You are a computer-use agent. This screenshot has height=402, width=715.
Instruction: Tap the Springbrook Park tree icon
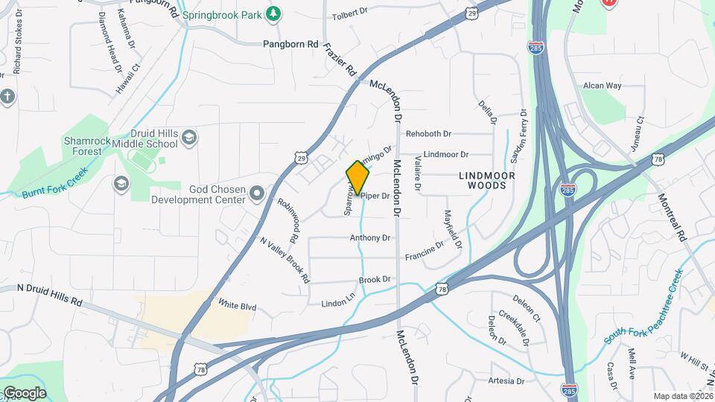point(274,13)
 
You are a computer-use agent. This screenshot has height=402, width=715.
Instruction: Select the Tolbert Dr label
point(350,13)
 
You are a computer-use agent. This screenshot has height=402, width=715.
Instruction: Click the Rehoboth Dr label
point(428,134)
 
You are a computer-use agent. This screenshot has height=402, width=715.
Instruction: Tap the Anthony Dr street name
point(370,238)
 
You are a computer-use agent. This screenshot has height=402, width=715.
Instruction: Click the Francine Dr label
point(425,250)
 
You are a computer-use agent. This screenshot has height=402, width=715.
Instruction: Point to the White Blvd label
point(237,304)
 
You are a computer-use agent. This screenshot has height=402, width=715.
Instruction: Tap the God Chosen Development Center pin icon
point(258,194)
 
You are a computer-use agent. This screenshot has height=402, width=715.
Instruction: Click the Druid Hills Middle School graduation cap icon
point(189,136)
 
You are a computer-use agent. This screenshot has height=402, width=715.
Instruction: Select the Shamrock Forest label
point(82,145)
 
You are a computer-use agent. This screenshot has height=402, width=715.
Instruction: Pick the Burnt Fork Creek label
point(55,182)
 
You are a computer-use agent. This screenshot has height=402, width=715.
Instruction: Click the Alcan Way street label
point(602,86)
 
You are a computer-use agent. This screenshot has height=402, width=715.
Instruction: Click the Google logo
point(25,393)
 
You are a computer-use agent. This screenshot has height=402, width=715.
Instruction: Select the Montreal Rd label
point(671,217)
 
